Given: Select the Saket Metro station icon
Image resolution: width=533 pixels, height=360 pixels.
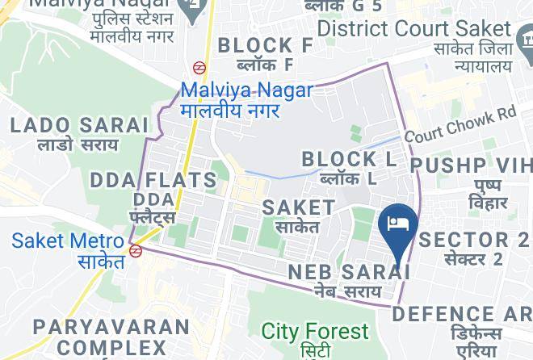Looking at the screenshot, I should point(136,250).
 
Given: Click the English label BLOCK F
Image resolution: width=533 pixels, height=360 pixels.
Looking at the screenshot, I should point(266,44).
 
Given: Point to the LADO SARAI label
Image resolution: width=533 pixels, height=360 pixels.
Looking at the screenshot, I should point(80,125).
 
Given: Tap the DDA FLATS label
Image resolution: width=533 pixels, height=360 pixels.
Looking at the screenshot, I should point(153,180).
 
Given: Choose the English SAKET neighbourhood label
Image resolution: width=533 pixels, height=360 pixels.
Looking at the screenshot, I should point(299,207).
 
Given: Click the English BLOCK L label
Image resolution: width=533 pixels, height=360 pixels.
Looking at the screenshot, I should point(349,159).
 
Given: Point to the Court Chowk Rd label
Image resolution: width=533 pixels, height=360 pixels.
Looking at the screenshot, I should point(460,125).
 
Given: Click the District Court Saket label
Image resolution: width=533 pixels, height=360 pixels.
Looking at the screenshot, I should point(426,28).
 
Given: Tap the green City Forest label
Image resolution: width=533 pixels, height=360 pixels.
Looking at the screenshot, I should point(315,331).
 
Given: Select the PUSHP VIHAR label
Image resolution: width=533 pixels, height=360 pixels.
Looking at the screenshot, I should point(472,164).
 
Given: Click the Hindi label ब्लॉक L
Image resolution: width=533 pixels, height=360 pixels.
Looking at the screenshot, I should point(347,178).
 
